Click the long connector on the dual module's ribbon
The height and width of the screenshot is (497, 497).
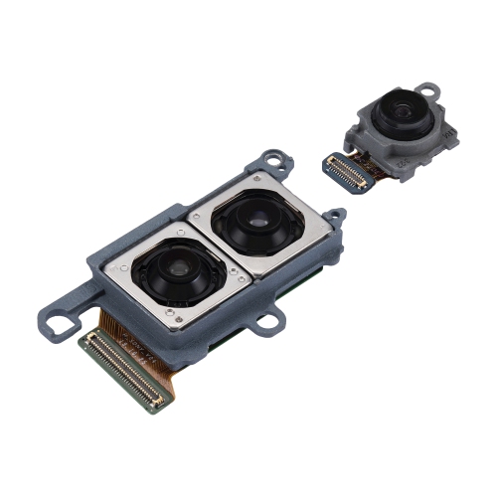coord(121,372)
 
